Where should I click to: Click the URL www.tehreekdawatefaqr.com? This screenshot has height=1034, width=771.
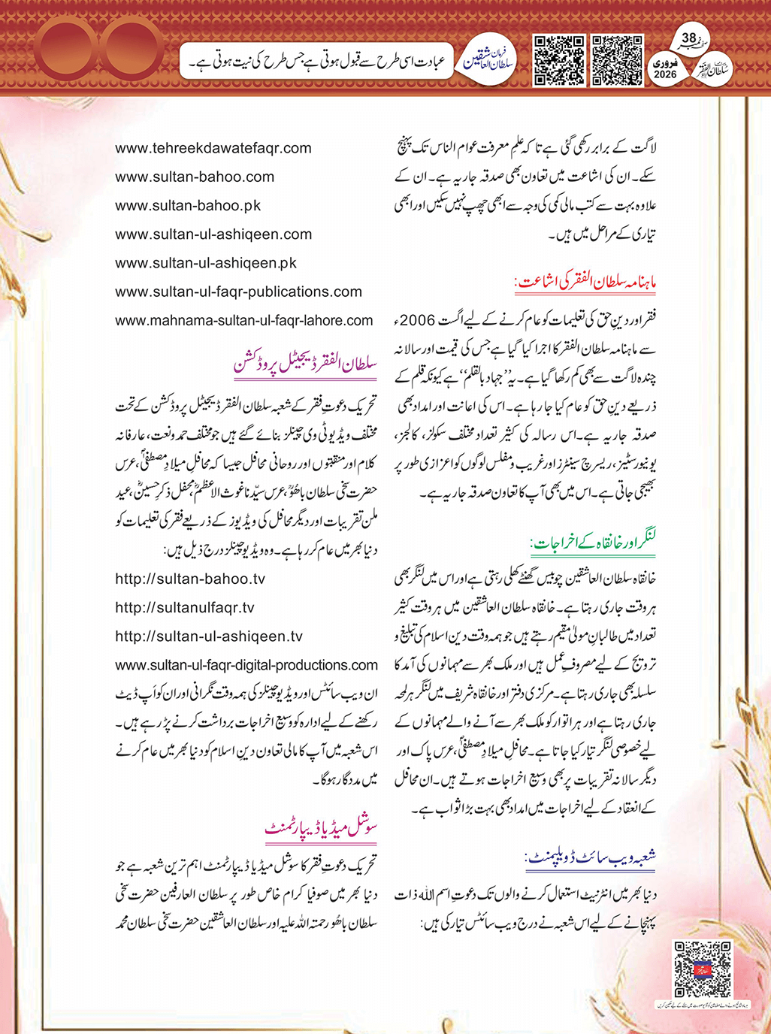213,148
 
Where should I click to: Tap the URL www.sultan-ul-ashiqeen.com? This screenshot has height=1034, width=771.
213,234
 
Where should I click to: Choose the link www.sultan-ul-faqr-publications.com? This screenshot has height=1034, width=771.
238,292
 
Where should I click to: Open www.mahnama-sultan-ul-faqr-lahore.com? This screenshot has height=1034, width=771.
243,320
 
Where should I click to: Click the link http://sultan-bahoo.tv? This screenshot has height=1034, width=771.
190,579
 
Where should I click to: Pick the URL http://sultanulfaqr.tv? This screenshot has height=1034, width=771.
185,607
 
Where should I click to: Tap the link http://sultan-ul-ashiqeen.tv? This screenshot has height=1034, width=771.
209,636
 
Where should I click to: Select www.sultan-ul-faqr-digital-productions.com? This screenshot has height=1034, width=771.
246,665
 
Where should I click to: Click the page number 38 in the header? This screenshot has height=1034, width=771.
689,38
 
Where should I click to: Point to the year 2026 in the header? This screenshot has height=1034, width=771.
666,74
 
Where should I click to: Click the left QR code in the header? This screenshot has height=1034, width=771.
559,59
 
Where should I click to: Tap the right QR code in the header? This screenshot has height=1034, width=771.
618,59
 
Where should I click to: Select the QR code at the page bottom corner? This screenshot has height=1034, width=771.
703,969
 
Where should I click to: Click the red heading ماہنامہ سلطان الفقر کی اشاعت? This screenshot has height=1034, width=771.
585,284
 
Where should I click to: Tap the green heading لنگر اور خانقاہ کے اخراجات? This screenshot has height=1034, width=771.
593,541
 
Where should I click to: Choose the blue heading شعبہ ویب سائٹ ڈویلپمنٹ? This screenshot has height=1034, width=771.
591,857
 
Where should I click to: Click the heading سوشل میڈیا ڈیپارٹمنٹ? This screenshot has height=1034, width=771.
321,828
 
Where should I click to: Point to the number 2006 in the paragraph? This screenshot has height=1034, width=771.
417,321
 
